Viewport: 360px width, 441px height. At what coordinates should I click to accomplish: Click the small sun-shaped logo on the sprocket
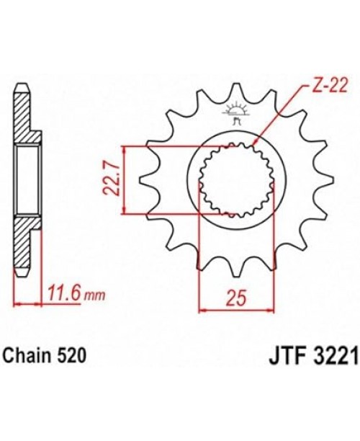(235, 112)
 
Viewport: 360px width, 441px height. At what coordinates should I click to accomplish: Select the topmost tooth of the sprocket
(236, 92)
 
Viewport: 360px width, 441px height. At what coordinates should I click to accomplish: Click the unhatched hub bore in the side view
(27, 179)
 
